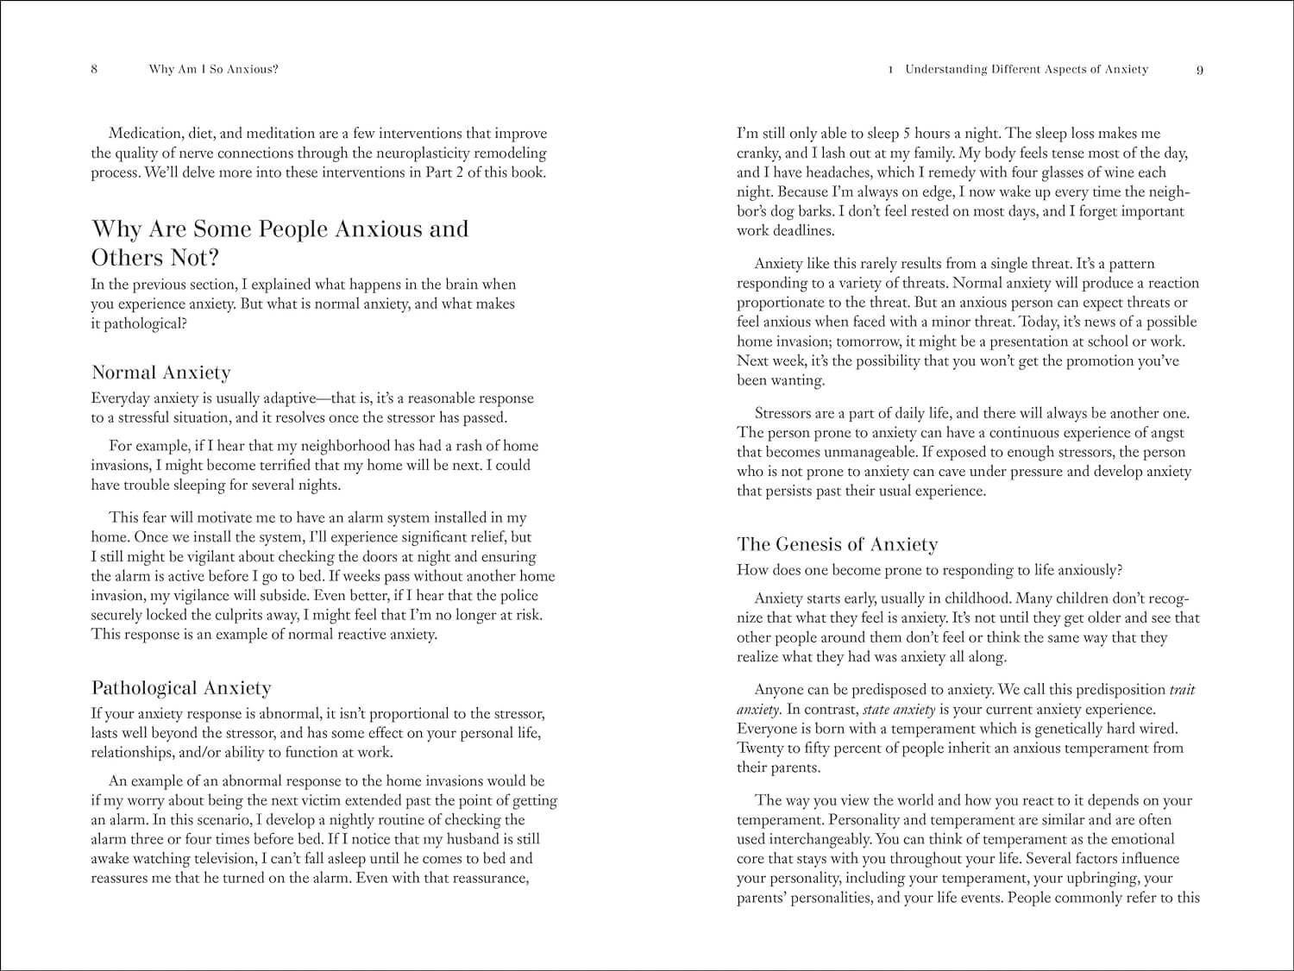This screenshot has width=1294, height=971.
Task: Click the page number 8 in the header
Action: pos(94,70)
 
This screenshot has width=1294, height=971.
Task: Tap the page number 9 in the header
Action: pos(1200,70)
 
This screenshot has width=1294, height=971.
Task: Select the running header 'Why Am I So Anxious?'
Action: pos(214,69)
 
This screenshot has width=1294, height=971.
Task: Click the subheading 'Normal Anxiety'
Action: pos(161,373)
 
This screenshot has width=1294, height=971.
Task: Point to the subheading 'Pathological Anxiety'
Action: pos(181,688)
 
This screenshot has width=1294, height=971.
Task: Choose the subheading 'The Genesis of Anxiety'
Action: pos(837,544)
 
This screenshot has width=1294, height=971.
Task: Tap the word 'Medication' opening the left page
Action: pos(143,134)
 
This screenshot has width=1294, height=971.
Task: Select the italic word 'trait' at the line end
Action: pos(1182,690)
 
